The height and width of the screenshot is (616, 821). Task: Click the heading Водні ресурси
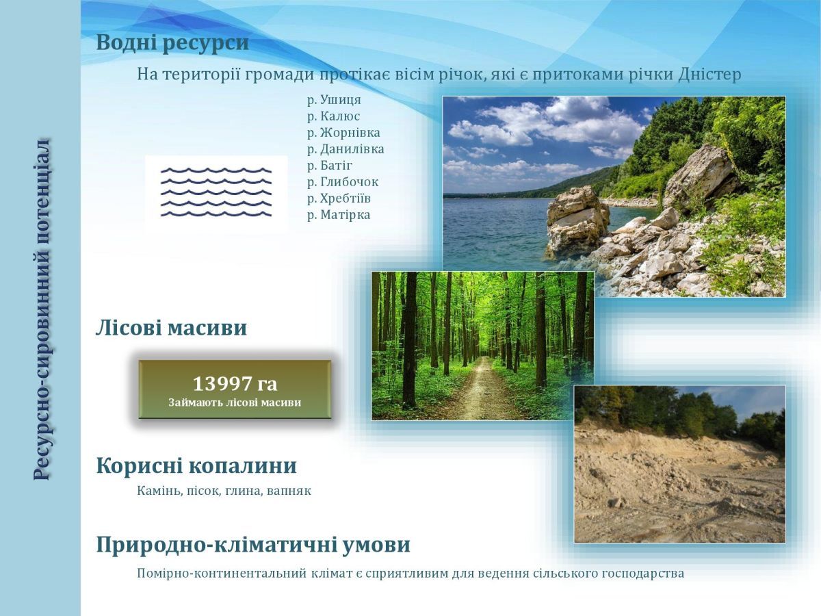(x=172, y=42)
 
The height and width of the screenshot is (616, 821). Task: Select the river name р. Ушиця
(x=334, y=100)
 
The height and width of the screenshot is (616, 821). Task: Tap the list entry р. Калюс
(x=333, y=116)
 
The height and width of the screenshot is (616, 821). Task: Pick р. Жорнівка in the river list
(x=343, y=133)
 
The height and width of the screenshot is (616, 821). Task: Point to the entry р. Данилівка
(x=346, y=149)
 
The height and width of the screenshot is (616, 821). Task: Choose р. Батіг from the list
(x=330, y=166)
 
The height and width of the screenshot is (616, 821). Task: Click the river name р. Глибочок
(x=343, y=182)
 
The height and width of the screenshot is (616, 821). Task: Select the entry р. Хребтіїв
(x=339, y=198)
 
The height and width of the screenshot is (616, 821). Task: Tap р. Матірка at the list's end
(x=339, y=215)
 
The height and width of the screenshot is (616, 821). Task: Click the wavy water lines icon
(x=216, y=192)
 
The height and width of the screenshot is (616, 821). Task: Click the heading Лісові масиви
(x=171, y=328)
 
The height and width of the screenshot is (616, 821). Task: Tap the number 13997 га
(x=235, y=384)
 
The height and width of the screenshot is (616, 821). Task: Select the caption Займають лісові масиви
(x=235, y=402)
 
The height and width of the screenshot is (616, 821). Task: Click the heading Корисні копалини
(x=196, y=466)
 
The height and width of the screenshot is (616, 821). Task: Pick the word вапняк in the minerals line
(x=289, y=491)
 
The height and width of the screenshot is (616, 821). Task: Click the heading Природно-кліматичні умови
(x=253, y=545)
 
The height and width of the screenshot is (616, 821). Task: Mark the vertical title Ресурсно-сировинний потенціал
(x=42, y=310)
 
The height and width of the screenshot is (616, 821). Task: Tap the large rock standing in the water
(x=577, y=220)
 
